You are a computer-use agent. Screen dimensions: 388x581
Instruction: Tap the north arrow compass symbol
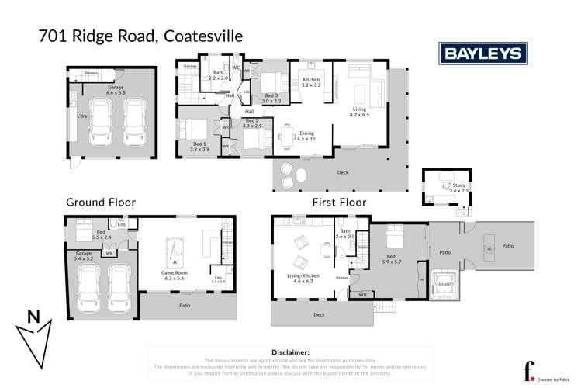click(32, 334)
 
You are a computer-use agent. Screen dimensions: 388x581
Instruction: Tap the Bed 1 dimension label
click(199, 147)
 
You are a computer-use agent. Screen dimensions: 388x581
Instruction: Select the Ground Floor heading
click(100, 202)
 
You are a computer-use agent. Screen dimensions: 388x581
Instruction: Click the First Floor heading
click(338, 202)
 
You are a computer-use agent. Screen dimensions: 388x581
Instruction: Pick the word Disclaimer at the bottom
click(287, 352)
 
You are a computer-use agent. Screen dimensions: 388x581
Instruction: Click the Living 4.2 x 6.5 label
click(359, 112)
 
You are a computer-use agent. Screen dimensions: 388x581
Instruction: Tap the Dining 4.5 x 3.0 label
click(307, 136)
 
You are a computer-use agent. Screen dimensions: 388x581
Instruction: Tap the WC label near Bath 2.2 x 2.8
click(234, 68)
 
